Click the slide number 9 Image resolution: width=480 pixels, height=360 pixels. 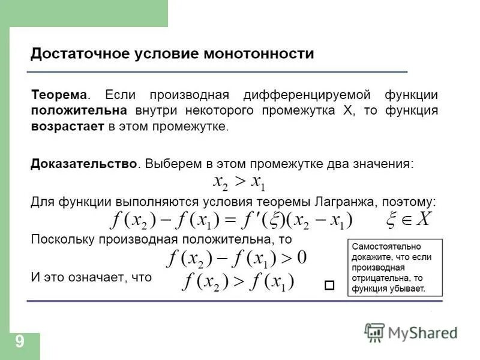(20, 342)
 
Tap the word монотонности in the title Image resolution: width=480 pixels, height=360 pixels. (259, 53)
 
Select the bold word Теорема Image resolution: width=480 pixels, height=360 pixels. (59, 95)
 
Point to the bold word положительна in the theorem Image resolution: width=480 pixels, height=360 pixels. (79, 111)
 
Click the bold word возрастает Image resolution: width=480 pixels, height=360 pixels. (68, 127)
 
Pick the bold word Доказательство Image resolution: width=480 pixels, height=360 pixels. (84, 163)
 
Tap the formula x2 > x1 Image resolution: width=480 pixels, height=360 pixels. (239, 181)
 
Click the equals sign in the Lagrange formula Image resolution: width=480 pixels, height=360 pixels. (230, 220)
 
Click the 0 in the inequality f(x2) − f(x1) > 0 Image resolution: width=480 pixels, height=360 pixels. (302, 258)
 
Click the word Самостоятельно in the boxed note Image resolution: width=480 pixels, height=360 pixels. (386, 247)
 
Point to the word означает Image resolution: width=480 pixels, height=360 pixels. (92, 277)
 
